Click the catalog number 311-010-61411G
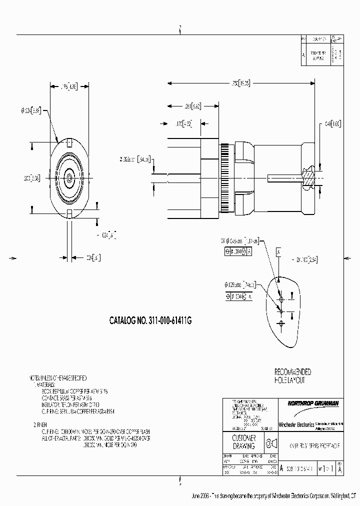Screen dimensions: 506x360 pos(150,322)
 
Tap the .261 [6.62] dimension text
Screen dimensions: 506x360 pos(192,106)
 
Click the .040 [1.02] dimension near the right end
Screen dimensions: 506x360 pos(332,123)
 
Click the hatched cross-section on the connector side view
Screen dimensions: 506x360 pos(310,175)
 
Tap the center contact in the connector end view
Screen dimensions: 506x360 pos(68,177)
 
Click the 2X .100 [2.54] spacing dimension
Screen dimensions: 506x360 pos(306,259)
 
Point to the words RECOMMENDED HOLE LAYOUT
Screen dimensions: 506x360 pos(292,376)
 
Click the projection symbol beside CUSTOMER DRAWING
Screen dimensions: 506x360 pos(270,443)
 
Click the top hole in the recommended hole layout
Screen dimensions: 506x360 pos(281,299)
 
